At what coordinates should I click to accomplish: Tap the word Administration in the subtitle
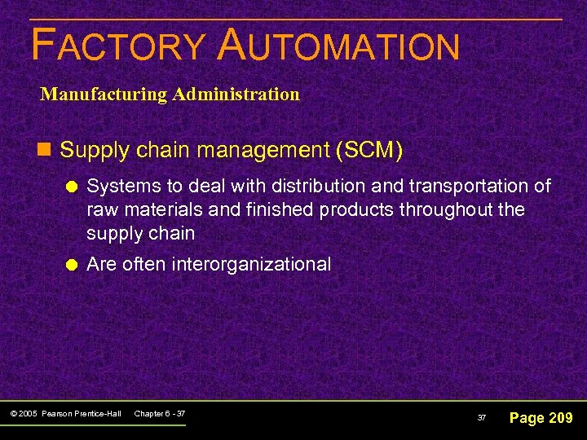(x=236, y=94)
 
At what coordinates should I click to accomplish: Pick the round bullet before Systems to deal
(x=72, y=187)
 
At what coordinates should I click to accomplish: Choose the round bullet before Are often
(x=72, y=265)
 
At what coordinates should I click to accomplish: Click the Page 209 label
(x=541, y=418)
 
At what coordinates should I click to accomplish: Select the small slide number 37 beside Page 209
(x=482, y=418)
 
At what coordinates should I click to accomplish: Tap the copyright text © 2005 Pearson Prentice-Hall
(x=67, y=414)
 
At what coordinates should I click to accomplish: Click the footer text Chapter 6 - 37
(x=159, y=414)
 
